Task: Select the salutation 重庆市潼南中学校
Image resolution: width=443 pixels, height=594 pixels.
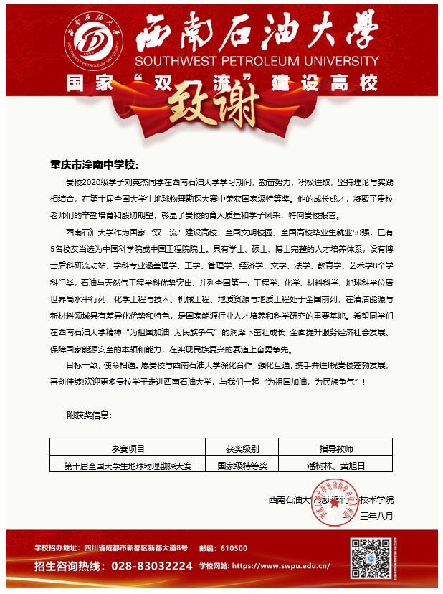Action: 93,164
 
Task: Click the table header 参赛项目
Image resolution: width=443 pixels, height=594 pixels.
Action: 128,450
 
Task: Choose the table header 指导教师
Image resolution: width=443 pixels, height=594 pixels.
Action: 335,450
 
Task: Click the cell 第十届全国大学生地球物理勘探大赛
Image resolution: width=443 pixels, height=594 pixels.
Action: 128,466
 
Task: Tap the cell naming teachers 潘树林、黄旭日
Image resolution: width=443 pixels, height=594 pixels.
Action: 335,466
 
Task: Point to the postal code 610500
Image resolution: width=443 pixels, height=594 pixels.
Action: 233,548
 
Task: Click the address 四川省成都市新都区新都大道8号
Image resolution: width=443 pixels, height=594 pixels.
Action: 135,548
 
